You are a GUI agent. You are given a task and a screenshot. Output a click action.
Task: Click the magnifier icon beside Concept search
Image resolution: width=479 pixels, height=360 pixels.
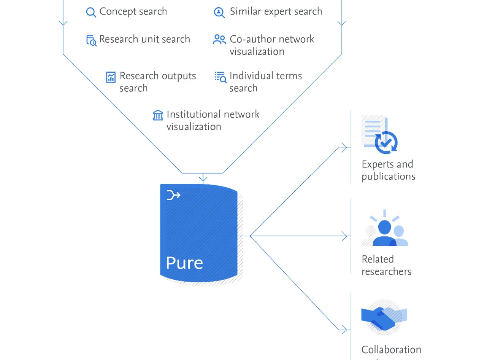pyautogui.click(x=91, y=12)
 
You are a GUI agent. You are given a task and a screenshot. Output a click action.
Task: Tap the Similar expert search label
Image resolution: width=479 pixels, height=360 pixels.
pyautogui.click(x=276, y=11)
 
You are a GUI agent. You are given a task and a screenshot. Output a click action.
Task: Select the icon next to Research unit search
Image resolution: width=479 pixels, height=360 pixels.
pyautogui.click(x=91, y=40)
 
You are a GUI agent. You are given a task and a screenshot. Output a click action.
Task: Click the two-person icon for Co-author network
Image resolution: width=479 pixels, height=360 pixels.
pyautogui.click(x=219, y=40)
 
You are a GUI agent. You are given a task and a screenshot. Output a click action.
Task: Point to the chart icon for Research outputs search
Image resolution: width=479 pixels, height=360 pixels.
pyautogui.click(x=111, y=77)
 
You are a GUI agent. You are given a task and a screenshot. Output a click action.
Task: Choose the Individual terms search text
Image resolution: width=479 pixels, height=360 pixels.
pyautogui.click(x=265, y=82)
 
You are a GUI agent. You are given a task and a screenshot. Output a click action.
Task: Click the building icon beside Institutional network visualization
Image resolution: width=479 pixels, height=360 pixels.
pyautogui.click(x=158, y=115)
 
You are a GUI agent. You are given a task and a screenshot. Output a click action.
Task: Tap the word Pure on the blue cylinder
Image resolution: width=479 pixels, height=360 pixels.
pyautogui.click(x=184, y=263)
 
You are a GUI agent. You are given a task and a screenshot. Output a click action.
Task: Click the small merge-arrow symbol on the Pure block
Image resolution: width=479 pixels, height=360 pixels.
pyautogui.click(x=173, y=196)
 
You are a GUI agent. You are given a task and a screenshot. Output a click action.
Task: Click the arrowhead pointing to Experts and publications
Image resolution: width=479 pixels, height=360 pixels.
pyautogui.click(x=344, y=148)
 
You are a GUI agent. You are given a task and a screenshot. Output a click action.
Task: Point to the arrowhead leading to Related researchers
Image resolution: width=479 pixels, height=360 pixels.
pyautogui.click(x=344, y=236)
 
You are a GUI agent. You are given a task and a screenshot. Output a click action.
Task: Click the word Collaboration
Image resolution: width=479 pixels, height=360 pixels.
pyautogui.click(x=391, y=349)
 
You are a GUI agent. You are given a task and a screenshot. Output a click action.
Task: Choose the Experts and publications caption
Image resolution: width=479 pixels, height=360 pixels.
pyautogui.click(x=388, y=170)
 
